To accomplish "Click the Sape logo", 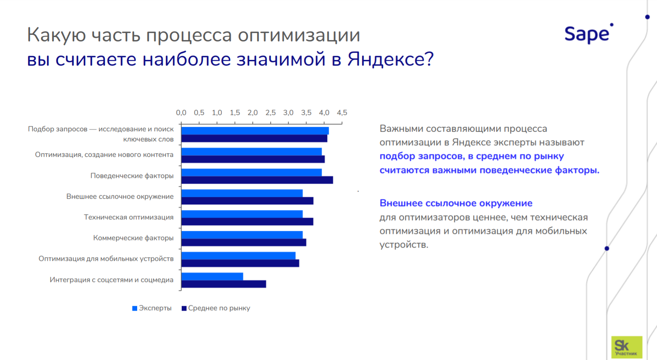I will click(x=588, y=34).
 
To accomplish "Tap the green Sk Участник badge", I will click(x=626, y=347).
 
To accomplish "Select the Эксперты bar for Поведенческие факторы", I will click(x=251, y=172).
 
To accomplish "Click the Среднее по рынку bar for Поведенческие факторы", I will click(x=257, y=180).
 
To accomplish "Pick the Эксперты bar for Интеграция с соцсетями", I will click(x=212, y=276).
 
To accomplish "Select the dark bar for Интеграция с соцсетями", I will click(x=224, y=284).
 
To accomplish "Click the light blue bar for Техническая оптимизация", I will click(x=242, y=214).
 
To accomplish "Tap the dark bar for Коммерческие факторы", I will click(x=243, y=242).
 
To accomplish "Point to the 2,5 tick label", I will click(x=270, y=112).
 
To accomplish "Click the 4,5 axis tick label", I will click(x=342, y=112).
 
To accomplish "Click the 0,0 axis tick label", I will click(x=181, y=112).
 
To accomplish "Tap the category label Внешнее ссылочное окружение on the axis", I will click(x=120, y=196).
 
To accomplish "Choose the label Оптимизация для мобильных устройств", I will click(x=106, y=258).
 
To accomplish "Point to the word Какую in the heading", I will click(x=56, y=35).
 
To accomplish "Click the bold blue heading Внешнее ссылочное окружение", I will click(x=456, y=203).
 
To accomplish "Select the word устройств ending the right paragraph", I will click(x=403, y=245).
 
